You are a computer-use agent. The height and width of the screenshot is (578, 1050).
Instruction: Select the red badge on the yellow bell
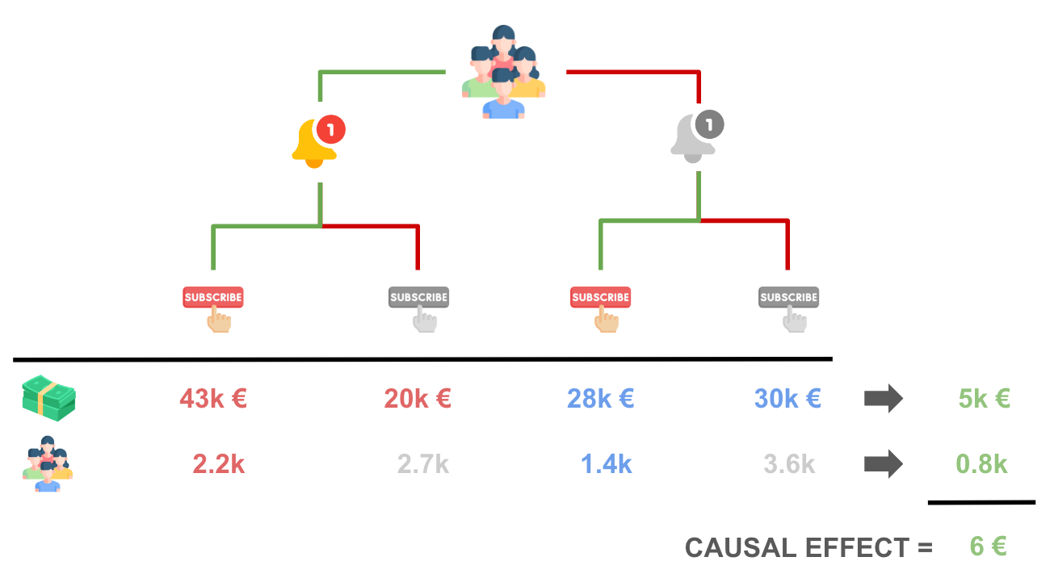(x=330, y=128)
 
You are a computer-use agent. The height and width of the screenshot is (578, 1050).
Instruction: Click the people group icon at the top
(x=503, y=73)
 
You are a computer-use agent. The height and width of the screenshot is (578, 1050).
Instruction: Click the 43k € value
(x=213, y=398)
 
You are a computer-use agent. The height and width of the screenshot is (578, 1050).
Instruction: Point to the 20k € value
(x=418, y=398)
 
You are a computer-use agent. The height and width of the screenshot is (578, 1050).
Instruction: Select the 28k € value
(x=600, y=398)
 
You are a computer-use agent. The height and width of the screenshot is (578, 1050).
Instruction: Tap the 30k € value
(x=787, y=398)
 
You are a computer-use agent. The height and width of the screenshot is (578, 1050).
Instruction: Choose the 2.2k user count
(x=218, y=464)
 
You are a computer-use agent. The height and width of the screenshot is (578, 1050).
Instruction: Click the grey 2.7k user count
(x=422, y=464)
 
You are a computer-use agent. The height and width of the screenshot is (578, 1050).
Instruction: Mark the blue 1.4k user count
(x=606, y=464)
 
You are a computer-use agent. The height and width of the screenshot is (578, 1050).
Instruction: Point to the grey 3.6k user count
(x=789, y=464)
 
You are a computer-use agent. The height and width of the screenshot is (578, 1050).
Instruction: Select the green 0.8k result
(x=981, y=464)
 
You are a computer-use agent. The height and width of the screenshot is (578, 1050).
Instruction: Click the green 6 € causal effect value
(x=988, y=547)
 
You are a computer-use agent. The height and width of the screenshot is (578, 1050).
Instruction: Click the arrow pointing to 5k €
(x=883, y=399)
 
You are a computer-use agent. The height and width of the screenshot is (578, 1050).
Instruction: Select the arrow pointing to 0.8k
(x=883, y=464)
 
